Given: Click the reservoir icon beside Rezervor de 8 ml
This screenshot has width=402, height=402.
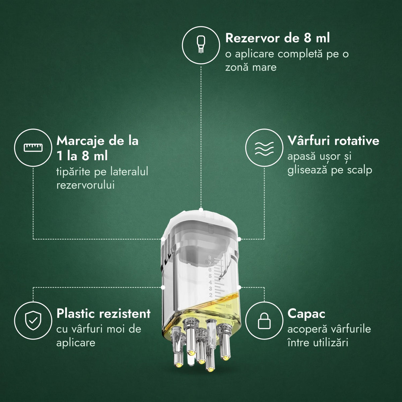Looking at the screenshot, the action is (x=201, y=45).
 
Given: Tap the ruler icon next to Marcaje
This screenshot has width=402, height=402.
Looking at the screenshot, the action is (x=33, y=147).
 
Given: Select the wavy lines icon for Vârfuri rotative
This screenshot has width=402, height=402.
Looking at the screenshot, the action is (x=264, y=148).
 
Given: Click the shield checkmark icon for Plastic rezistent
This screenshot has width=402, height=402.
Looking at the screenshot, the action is (x=33, y=321).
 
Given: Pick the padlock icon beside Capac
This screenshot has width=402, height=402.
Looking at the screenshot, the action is (x=264, y=321).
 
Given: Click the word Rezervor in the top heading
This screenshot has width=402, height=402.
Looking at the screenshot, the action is (x=252, y=38).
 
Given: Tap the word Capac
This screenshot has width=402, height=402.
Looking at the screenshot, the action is (x=306, y=314).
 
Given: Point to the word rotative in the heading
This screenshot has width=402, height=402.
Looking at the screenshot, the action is (x=357, y=141).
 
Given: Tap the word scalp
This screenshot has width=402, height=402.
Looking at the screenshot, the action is (x=360, y=170).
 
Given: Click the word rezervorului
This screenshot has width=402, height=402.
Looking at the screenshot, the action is (x=85, y=185).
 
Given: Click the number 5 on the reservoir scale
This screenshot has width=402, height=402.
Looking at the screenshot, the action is (x=210, y=276).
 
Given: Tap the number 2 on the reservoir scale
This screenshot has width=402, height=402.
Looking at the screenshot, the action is (x=211, y=295).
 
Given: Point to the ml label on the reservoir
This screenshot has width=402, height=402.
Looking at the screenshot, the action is (x=229, y=306).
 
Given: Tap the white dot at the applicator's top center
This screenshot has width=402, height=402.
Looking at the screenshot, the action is (x=201, y=210).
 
